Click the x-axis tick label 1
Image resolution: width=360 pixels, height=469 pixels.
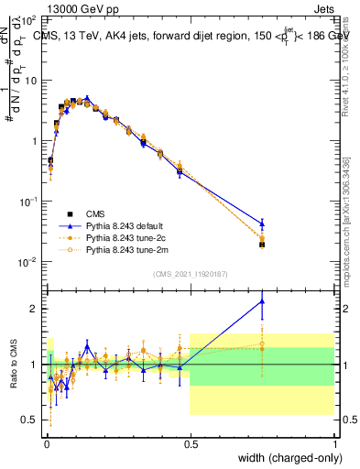334,443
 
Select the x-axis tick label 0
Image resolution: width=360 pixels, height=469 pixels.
45,443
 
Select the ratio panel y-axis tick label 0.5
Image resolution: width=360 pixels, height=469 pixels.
30,420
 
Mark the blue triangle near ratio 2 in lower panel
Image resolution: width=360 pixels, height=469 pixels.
262,300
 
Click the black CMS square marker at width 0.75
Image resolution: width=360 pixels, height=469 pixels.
262,245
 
